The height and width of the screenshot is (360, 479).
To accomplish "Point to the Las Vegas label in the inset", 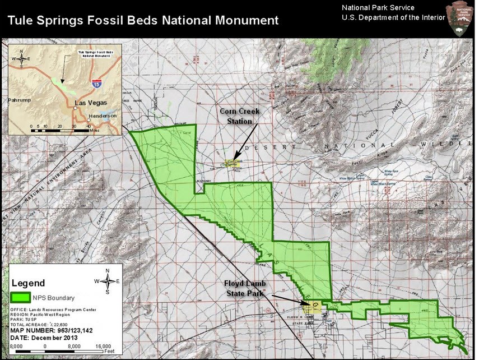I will click(x=90, y=103).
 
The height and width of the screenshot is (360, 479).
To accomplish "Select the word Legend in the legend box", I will click(x=28, y=283).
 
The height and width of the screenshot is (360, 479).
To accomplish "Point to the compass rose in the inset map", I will click(x=22, y=58).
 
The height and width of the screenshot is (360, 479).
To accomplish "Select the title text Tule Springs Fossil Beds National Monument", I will click(x=143, y=21).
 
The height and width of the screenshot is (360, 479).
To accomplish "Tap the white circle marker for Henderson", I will click(x=89, y=119).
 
